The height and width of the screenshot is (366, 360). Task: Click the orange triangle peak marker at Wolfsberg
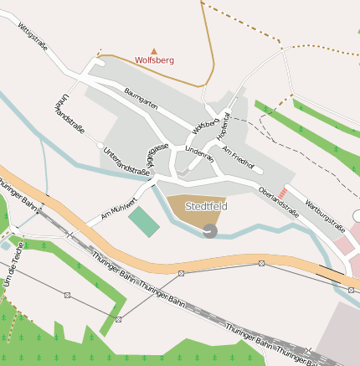pos(153,51)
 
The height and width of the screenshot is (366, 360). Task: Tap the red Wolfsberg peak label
pos(154,61)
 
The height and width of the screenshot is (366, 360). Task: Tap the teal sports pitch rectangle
pos(143,222)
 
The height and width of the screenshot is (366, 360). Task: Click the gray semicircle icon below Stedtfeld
pos(209,230)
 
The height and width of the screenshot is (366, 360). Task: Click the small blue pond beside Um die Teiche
pos(6,246)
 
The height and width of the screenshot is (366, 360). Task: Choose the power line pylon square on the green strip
pos(119,319)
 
